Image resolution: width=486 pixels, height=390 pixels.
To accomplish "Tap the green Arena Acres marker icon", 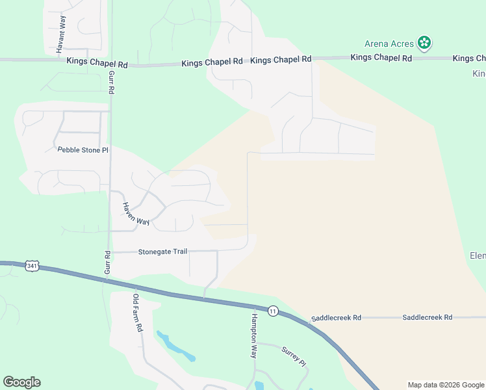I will [424, 44].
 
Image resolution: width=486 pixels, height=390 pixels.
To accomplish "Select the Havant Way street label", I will [60, 34].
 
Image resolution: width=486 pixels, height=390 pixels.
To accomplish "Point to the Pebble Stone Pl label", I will [83, 149].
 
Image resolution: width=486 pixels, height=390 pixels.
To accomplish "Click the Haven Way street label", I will [136, 214].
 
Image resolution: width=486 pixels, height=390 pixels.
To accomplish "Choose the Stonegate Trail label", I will [162, 252].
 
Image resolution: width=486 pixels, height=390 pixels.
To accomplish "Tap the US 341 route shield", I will [32, 266].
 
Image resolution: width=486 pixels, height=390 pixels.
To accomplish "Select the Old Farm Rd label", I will [137, 313].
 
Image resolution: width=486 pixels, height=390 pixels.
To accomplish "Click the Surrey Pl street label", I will [293, 356].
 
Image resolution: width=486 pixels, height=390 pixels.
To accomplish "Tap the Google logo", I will [21, 382].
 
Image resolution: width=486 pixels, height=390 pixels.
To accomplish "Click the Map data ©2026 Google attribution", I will [445, 385].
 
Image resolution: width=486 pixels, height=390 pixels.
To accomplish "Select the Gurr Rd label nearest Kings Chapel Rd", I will [111, 83].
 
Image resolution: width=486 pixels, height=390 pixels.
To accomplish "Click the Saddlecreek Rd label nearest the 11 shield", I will [336, 318].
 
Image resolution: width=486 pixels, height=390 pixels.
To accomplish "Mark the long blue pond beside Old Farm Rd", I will [175, 347].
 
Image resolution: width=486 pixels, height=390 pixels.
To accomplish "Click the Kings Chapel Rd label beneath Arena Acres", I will [381, 58].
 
